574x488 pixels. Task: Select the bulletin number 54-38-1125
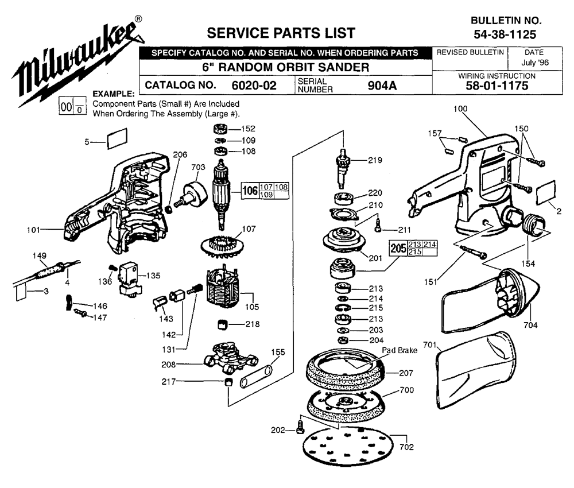pos(505,34)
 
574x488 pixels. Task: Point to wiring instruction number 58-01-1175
pos(497,87)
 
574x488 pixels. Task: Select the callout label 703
pos(198,167)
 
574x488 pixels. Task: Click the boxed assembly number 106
pos(250,191)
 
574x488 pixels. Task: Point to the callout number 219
pos(375,160)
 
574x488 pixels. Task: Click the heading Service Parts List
pos(281,32)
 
